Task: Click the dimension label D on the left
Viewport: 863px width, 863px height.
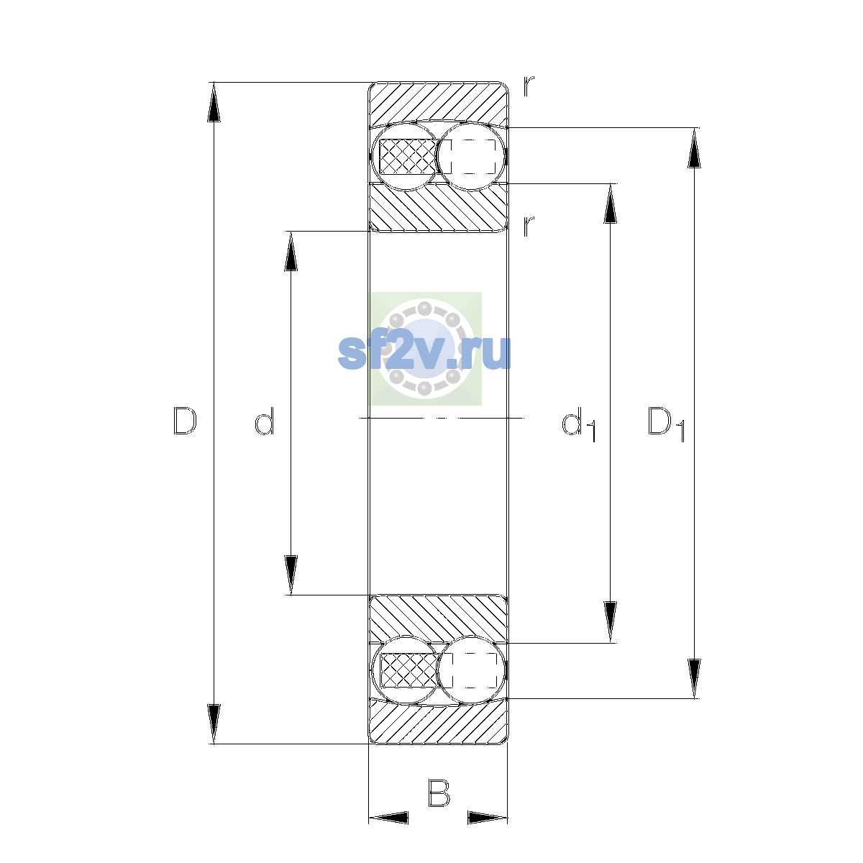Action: click(185, 421)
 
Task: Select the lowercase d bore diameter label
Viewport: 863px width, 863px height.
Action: click(265, 421)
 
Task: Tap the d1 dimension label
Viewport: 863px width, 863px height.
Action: click(579, 424)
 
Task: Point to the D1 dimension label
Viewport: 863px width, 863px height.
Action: click(667, 424)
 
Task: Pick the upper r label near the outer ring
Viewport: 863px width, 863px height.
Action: click(529, 86)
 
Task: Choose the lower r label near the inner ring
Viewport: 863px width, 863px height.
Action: click(529, 226)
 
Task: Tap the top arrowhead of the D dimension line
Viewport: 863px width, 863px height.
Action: click(214, 102)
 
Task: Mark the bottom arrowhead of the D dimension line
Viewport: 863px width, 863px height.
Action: click(214, 724)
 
